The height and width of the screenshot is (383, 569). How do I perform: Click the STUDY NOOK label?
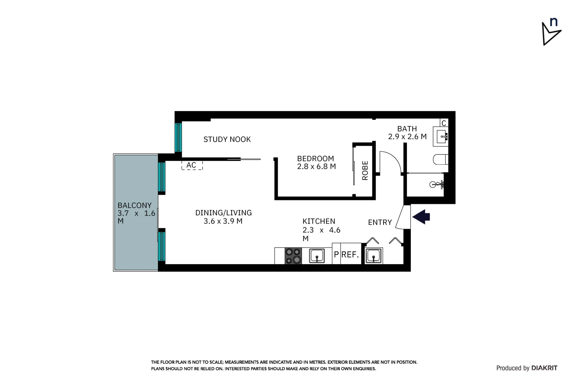[x=227, y=139]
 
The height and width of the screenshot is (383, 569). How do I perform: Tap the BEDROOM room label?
[x=315, y=159]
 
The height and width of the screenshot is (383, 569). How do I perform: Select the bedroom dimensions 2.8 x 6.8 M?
[x=316, y=166]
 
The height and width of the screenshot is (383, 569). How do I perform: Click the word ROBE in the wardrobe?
[x=365, y=171]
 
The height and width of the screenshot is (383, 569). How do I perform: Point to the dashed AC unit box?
[x=192, y=165]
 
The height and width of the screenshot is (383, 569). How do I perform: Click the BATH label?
[x=407, y=129]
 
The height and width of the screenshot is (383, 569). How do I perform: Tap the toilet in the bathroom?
[x=440, y=159]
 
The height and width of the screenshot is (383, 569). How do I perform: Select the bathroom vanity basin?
[x=442, y=136]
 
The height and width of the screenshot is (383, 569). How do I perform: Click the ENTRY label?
[x=380, y=222]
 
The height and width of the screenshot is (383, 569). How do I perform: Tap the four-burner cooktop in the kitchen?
[x=293, y=256]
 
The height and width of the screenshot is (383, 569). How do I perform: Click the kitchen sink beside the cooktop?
[x=316, y=255]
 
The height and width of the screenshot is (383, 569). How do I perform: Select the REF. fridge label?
[x=350, y=255]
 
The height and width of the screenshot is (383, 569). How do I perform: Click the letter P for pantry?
[x=336, y=255]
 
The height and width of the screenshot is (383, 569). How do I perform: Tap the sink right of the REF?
[x=373, y=255]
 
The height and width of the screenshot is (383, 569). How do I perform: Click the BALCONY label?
[x=134, y=205]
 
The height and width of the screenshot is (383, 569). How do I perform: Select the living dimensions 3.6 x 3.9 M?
[x=223, y=221]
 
